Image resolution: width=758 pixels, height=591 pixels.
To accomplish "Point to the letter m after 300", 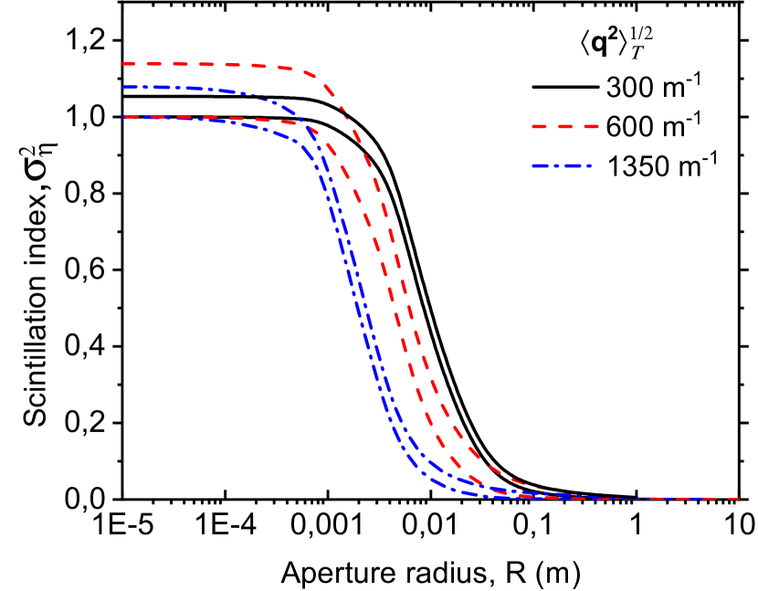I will point(675,91).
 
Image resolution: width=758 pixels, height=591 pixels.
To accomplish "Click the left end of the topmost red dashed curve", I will point(124,64).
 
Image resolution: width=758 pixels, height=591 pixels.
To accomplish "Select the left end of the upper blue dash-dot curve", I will point(124,88).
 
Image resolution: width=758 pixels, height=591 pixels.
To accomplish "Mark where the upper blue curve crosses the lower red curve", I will point(303,125).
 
